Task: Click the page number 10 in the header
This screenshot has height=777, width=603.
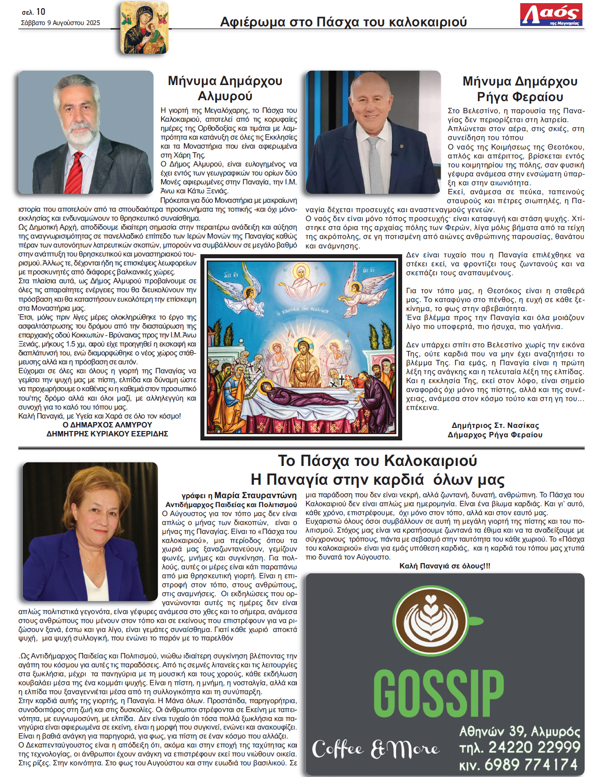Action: [41, 12]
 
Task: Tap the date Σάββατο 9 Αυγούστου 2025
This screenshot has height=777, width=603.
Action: [60, 23]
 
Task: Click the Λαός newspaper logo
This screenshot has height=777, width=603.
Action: [551, 15]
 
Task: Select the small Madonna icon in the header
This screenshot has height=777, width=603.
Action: [144, 28]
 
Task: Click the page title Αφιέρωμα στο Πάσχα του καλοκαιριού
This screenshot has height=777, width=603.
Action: [343, 22]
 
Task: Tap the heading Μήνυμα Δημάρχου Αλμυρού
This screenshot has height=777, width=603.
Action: [225, 88]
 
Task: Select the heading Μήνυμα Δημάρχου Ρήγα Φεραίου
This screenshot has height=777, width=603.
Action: [520, 89]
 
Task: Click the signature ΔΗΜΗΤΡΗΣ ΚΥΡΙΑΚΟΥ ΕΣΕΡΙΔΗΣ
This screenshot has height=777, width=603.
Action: [107, 434]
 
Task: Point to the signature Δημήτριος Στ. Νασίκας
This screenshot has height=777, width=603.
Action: [495, 425]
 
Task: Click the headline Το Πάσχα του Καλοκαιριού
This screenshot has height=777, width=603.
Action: [378, 461]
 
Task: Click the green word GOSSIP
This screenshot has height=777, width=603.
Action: [438, 693]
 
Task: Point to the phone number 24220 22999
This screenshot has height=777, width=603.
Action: [534, 747]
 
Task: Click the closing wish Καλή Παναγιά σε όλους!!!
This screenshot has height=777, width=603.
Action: [445, 566]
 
